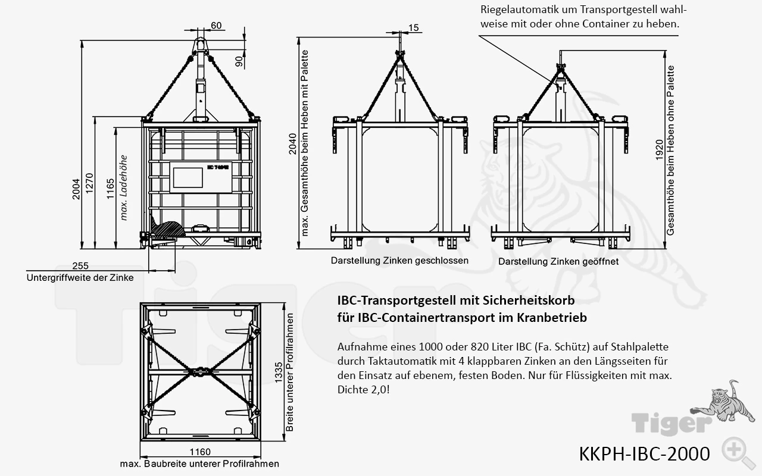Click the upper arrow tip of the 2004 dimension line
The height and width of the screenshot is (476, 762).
click(x=82, y=40)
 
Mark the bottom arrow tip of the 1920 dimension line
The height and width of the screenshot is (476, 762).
click(x=666, y=249)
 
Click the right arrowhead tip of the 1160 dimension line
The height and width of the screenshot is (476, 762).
click(x=261, y=456)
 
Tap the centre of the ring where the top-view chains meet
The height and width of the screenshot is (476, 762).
click(x=201, y=372)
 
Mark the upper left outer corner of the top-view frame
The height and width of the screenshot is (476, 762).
click(x=140, y=303)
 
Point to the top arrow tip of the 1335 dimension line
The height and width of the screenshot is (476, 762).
click(x=284, y=303)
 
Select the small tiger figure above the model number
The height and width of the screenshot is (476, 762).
click(x=719, y=404)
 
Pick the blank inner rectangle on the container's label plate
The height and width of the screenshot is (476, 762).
click(x=188, y=177)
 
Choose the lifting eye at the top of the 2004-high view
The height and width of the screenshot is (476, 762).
click(x=201, y=45)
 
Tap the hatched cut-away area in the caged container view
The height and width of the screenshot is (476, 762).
click(x=168, y=229)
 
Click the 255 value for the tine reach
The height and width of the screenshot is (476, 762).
click(x=80, y=265)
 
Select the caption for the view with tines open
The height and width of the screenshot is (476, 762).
click(x=558, y=261)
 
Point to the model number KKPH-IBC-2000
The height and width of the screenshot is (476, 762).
click(x=644, y=454)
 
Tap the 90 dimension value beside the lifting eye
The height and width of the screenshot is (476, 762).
click(x=239, y=61)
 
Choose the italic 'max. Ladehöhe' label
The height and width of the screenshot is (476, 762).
click(x=123, y=187)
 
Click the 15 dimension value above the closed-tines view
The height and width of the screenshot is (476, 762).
click(x=413, y=28)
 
